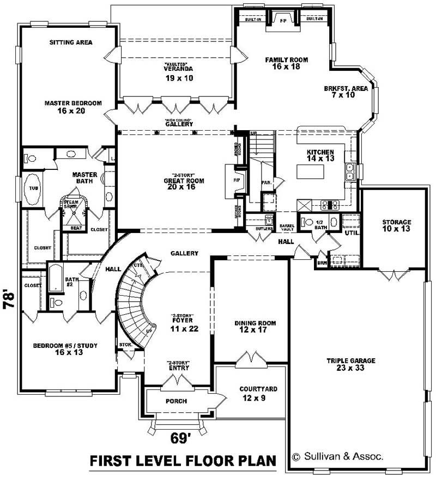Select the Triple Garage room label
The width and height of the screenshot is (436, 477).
point(352,364)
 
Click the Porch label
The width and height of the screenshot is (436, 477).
point(176,401)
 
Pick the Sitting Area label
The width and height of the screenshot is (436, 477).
point(70,42)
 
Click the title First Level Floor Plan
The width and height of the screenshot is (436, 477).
point(183,460)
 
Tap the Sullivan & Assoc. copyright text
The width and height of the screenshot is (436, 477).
point(337,456)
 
